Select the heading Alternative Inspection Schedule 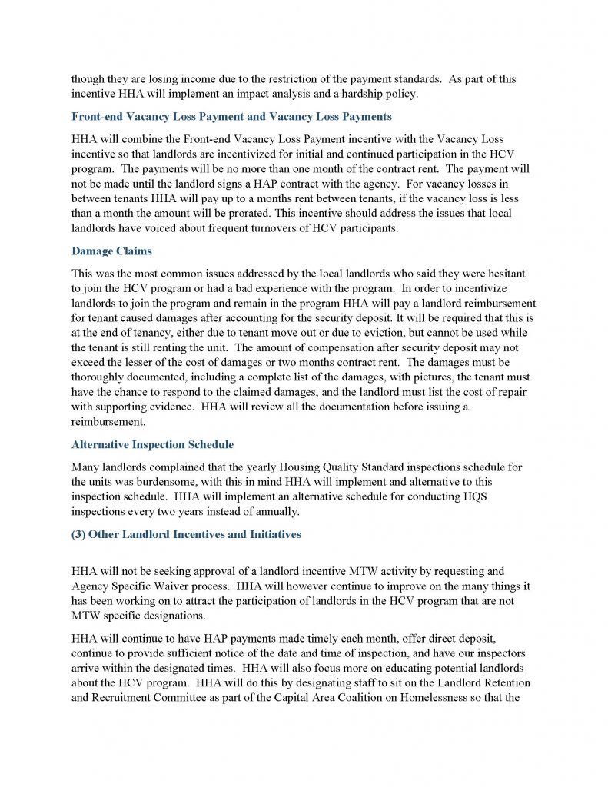tap(152, 444)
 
